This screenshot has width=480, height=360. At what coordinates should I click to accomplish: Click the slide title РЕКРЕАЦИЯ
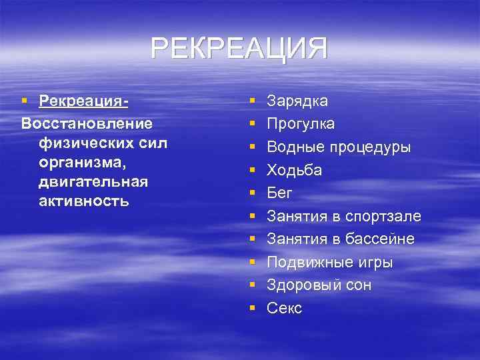point(239,49)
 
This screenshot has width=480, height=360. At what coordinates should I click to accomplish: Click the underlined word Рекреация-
point(83,101)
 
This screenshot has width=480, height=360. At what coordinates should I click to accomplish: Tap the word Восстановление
point(87,123)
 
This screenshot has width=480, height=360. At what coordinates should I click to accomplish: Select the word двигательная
point(93,181)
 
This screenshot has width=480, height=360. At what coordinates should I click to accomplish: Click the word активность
point(84,201)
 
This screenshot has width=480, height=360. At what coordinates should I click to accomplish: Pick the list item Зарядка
point(297,101)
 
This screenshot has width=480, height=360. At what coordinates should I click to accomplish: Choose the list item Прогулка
point(301,124)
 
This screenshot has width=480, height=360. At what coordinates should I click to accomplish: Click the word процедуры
point(373,147)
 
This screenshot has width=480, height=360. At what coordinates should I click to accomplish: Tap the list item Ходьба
point(294,170)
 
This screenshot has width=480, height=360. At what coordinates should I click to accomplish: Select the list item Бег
point(279,193)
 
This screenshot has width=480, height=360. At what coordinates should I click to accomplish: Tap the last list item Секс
point(284,308)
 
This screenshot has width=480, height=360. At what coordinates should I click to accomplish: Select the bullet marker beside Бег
point(253,193)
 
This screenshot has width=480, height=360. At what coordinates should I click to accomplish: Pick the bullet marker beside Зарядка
point(253,101)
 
